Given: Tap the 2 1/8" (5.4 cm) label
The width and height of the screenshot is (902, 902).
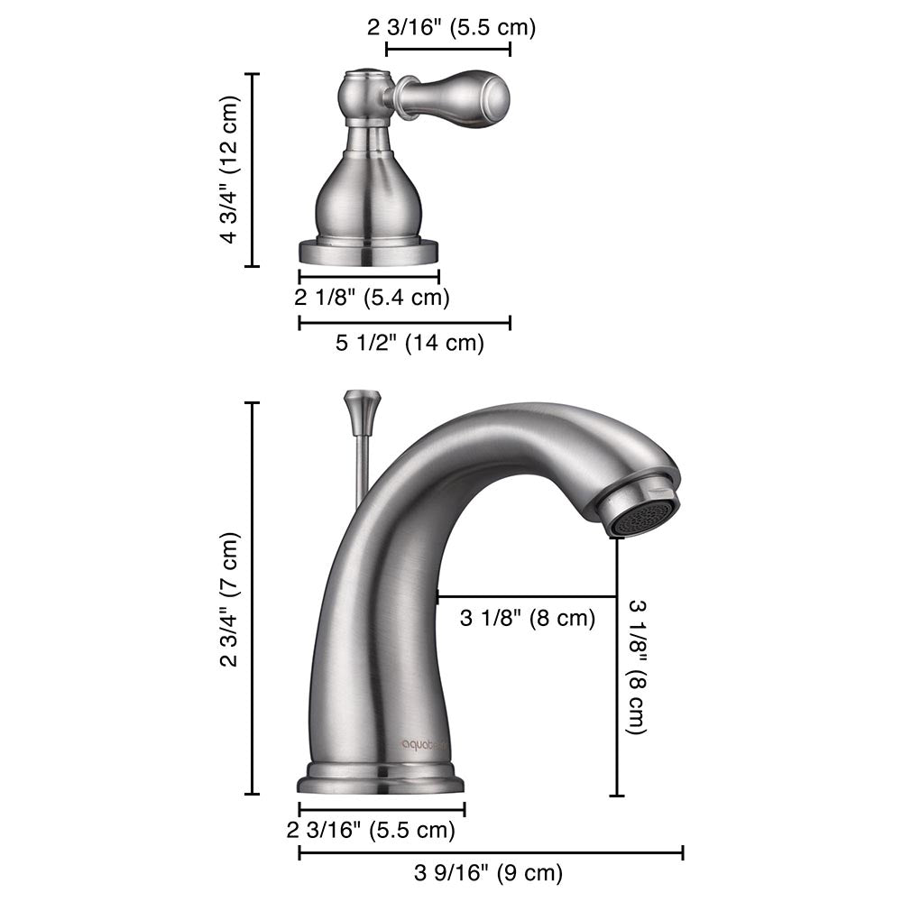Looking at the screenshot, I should [x=373, y=297].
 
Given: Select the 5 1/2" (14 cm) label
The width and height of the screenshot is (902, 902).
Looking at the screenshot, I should [x=410, y=343].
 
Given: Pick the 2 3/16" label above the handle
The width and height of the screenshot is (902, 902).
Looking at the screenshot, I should [x=451, y=27].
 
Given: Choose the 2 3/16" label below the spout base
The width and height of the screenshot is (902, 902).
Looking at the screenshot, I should [x=371, y=829].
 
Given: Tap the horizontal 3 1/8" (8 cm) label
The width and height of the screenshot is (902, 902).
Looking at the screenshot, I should [x=528, y=619].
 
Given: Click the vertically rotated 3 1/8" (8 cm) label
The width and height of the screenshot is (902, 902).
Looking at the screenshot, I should [x=636, y=667].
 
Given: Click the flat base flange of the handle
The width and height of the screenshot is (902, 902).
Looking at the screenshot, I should [x=369, y=252].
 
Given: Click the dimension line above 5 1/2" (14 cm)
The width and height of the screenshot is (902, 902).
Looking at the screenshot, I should [x=404, y=322].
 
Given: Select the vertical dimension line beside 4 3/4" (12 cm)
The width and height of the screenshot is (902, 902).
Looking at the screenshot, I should [x=253, y=170].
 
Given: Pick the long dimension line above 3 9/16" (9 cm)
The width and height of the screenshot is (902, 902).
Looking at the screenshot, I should [x=491, y=852].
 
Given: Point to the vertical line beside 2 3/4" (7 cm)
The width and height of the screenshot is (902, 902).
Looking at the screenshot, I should [x=253, y=599].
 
